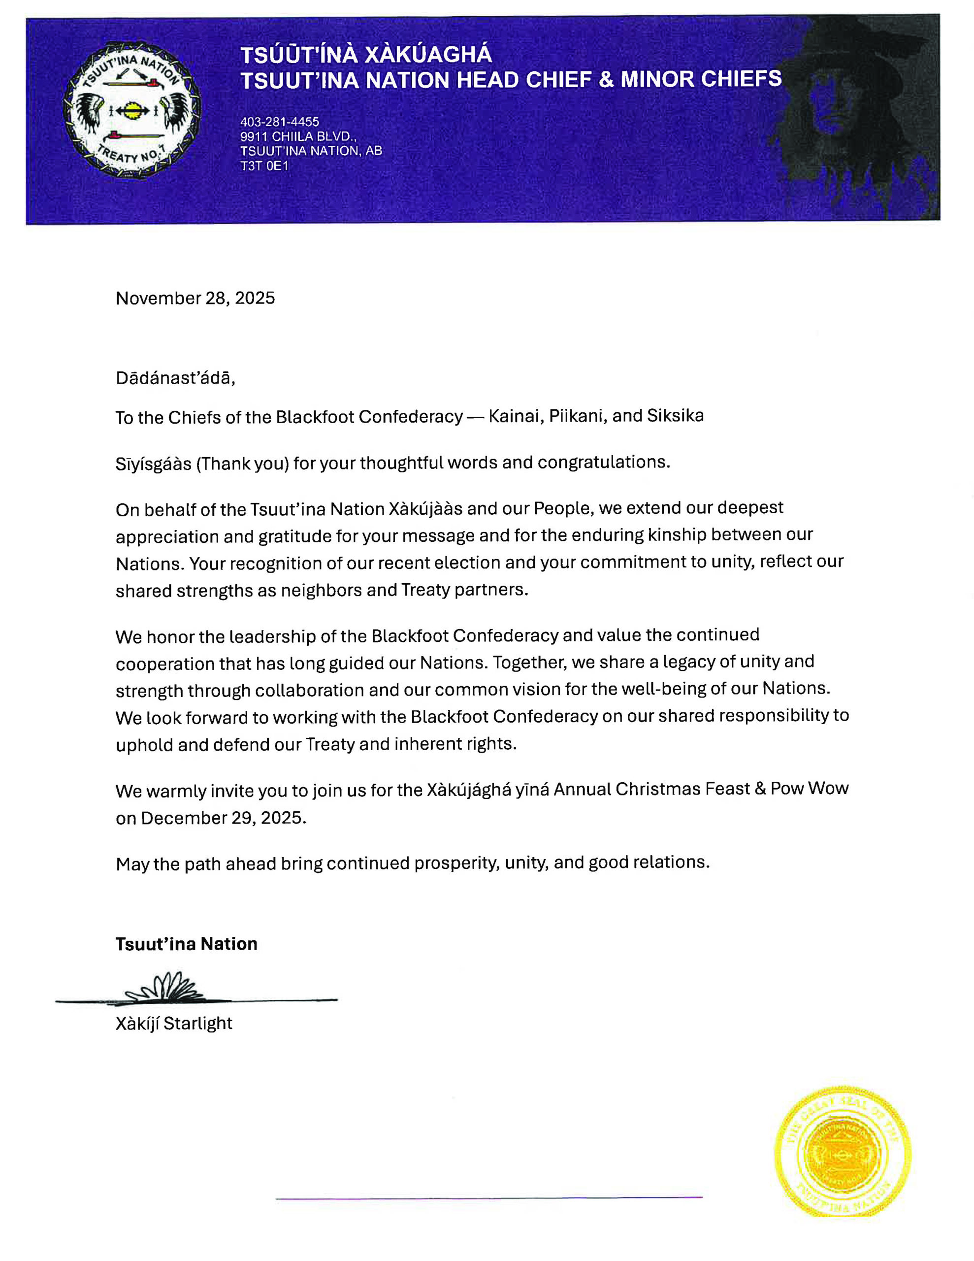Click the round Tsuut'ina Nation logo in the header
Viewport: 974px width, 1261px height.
coord(132,110)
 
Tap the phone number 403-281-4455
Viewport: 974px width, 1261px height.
coord(279,122)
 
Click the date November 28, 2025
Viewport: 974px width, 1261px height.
coord(195,298)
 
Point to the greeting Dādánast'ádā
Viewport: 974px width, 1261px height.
coord(175,378)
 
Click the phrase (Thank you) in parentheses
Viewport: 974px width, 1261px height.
coord(242,463)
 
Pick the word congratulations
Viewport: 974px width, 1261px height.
coord(603,462)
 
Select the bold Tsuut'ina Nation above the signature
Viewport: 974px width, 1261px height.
coord(186,944)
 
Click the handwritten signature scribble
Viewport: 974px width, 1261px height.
coord(164,987)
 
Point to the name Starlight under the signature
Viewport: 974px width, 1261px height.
coord(197,1024)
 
